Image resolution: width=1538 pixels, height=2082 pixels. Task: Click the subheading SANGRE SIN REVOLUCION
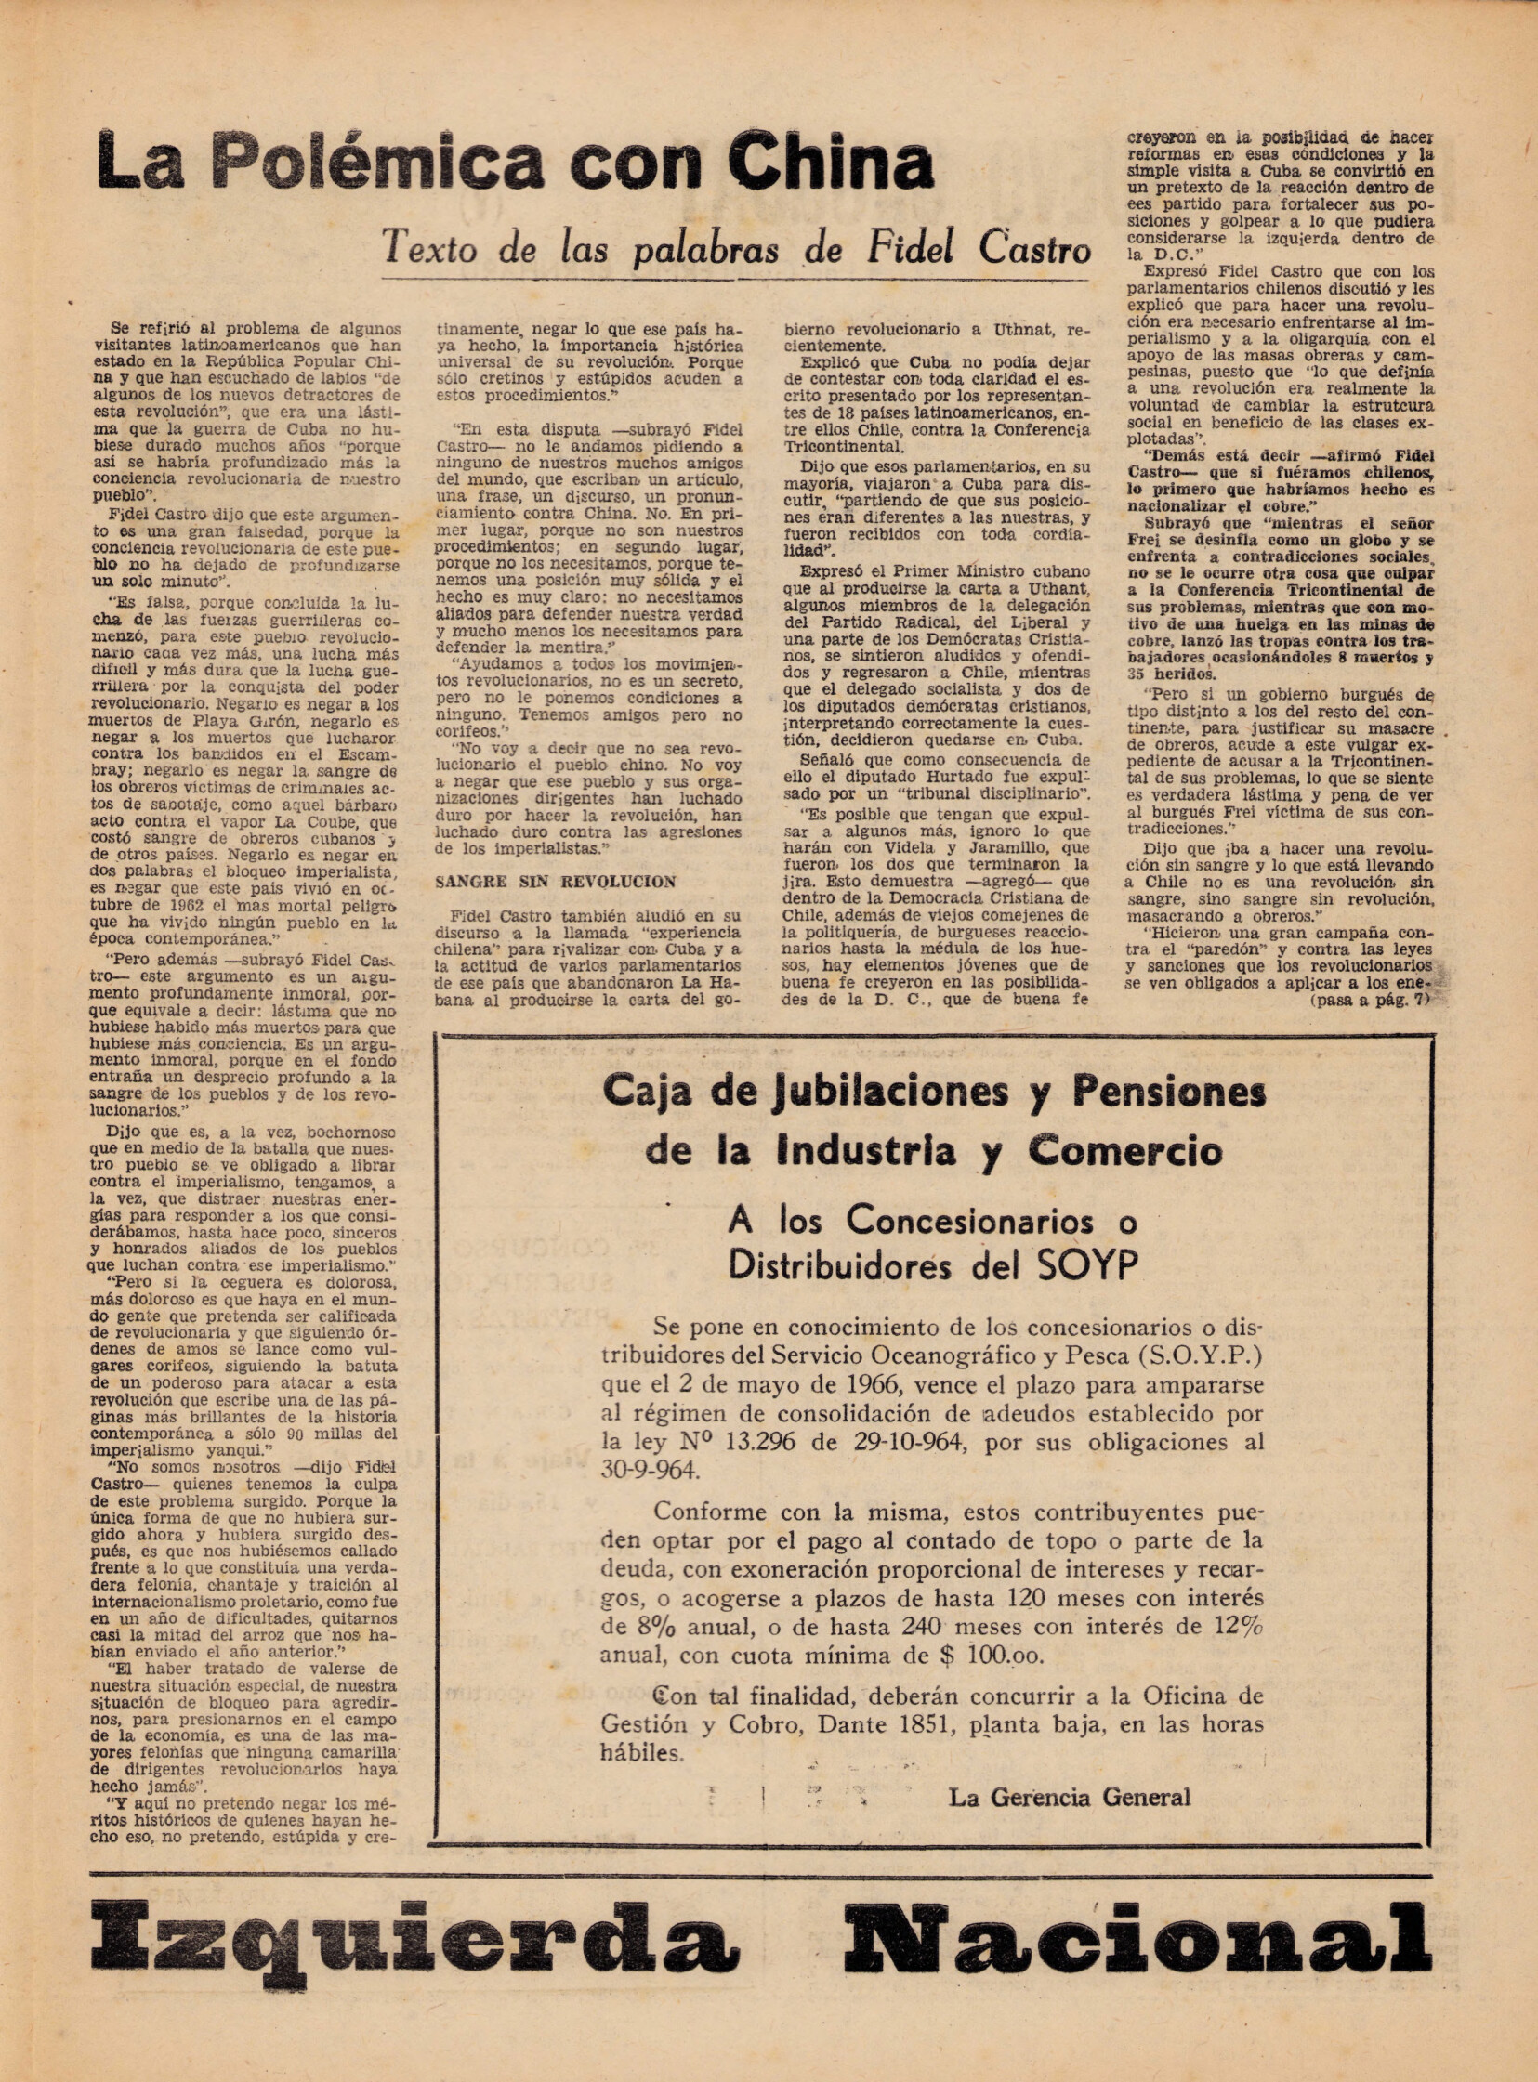click(x=556, y=881)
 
